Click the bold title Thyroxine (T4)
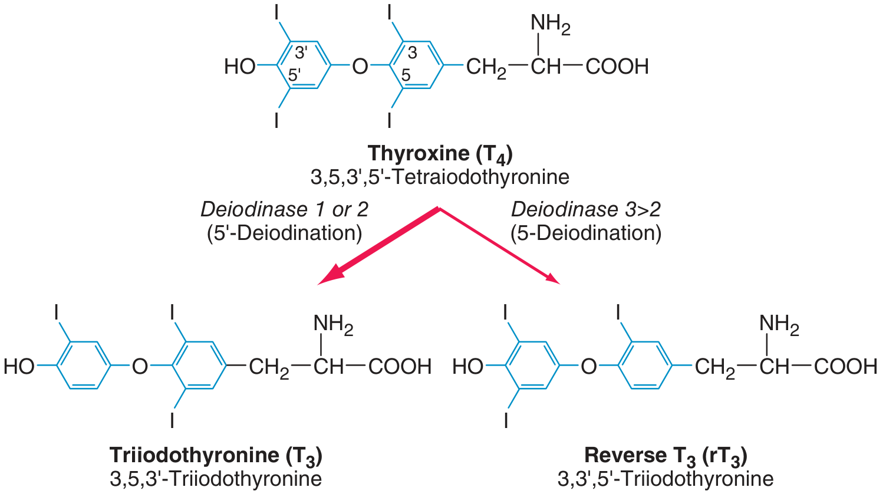(x=440, y=154)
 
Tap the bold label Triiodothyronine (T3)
(x=216, y=456)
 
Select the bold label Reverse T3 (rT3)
(x=666, y=456)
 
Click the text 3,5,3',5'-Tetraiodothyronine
(x=440, y=177)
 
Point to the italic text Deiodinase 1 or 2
(x=284, y=210)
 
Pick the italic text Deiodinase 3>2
(x=586, y=210)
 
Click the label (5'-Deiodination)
(x=284, y=233)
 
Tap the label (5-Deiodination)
(x=586, y=233)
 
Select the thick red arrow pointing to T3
(x=378, y=246)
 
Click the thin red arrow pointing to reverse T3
(x=499, y=246)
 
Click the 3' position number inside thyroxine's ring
(x=301, y=52)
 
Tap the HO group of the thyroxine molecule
(x=240, y=67)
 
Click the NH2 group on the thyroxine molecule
(x=550, y=24)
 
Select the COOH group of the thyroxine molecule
(x=617, y=67)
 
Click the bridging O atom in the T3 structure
(x=140, y=367)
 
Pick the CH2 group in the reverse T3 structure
(x=714, y=368)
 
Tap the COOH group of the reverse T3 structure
(x=846, y=367)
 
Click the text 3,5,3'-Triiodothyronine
(x=216, y=479)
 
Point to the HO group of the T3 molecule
(x=19, y=367)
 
